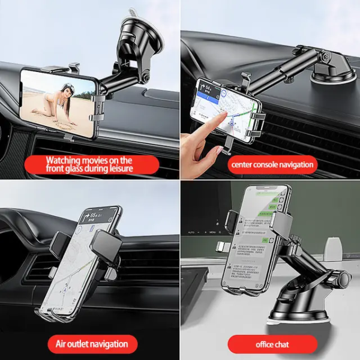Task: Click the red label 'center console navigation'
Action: click(270, 164)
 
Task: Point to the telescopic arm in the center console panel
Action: click(285, 71)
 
